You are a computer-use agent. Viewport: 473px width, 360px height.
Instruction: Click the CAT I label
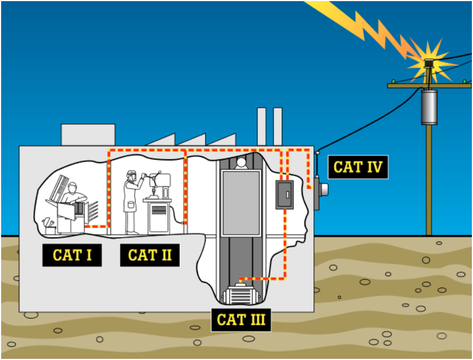coord(72,255)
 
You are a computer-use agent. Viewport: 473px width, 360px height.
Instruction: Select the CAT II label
coord(150,255)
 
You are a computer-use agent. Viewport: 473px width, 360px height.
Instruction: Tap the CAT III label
coord(241,319)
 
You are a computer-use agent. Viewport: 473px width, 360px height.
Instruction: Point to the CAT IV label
coord(358,167)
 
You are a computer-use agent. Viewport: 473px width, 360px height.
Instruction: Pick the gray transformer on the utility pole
coord(429,106)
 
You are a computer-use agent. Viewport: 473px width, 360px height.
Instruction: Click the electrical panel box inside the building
coord(284,194)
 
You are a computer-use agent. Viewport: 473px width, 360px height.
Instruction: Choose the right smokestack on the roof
coord(277,125)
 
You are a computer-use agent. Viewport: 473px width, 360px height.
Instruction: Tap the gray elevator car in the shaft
coord(241,202)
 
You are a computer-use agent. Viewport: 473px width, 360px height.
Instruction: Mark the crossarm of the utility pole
coord(429,85)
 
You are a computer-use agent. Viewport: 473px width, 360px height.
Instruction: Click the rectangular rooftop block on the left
coord(87,135)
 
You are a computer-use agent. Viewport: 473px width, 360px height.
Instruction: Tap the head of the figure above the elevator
coord(241,163)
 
